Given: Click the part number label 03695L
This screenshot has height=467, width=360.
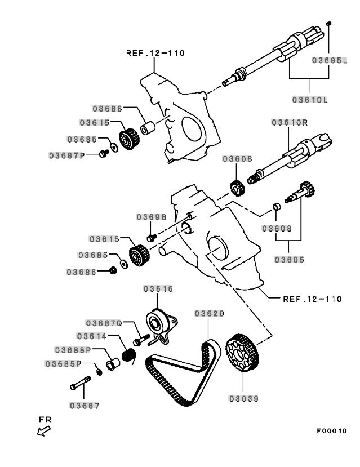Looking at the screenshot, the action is [x=330, y=60].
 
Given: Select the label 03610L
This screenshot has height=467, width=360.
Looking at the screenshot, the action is [x=310, y=100].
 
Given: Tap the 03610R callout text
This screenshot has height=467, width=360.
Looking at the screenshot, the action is [x=290, y=122].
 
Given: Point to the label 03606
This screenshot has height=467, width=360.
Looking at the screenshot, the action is [x=237, y=159].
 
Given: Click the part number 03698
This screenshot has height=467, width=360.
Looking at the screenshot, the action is [x=151, y=217].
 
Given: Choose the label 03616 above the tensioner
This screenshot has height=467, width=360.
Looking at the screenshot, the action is [x=158, y=288].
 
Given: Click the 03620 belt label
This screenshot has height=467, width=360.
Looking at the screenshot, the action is [x=210, y=313].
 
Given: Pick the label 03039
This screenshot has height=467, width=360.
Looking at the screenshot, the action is [x=243, y=398].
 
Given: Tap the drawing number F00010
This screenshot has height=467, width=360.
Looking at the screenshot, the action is [x=332, y=430].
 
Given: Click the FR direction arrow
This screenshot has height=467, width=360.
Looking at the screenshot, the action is [x=44, y=430].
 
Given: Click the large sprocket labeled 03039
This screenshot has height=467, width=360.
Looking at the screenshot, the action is [x=242, y=353].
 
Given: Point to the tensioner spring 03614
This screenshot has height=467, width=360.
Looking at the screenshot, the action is [x=129, y=355].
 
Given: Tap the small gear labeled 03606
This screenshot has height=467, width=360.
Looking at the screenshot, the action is [x=237, y=188].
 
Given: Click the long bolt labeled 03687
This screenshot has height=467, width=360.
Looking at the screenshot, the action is [x=81, y=383].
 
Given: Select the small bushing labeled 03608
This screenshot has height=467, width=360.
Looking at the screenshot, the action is [x=277, y=206].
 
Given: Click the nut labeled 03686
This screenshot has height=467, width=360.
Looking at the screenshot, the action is [x=113, y=271].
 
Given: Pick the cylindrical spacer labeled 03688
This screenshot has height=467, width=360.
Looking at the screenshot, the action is [x=148, y=128].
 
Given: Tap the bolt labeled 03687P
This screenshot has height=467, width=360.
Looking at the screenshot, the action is [x=104, y=154].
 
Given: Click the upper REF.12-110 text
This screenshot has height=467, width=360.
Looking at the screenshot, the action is [x=155, y=53].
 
